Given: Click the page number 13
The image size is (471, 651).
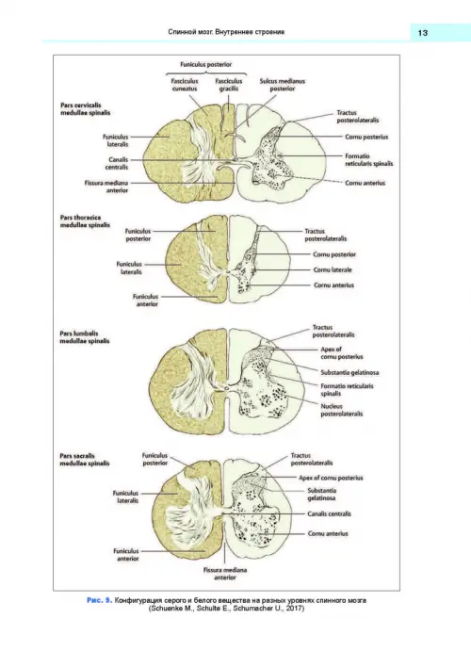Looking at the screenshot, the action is pos(422,33).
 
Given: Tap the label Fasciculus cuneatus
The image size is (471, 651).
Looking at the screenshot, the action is pos(185,85).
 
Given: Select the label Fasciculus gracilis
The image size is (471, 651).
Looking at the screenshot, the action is pos(229,85).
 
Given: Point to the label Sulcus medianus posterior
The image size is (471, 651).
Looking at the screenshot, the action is pos(283,85).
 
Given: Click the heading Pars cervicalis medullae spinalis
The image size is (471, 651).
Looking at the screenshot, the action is pos(86,108).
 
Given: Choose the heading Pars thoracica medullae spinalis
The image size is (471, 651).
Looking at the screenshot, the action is pos(85,221).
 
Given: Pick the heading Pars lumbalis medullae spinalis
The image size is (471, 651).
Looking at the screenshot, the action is pos(85,337).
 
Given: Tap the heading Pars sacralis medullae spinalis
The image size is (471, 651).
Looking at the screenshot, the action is pos(85,459).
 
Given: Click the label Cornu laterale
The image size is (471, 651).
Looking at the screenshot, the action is pos(333,269).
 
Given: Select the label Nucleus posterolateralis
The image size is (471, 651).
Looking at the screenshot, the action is pos(342,410).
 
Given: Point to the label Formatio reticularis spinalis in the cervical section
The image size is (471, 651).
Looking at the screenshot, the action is pos(369,160).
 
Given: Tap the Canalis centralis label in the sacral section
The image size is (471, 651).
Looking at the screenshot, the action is pos(329,514).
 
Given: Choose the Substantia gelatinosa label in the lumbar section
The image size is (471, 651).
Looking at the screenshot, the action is pos(349,373).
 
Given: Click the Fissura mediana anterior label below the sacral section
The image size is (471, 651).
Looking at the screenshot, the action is pos(225,574).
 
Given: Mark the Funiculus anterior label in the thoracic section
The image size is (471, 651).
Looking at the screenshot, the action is pos(146,301).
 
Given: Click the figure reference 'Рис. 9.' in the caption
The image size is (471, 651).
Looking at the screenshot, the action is pos(99,600).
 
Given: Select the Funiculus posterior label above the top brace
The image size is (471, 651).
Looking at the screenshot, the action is pos(206,65).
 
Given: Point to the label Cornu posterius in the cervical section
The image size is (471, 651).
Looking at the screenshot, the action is pos(366,137).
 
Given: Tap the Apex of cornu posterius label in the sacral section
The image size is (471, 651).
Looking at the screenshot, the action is pos(331,478).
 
